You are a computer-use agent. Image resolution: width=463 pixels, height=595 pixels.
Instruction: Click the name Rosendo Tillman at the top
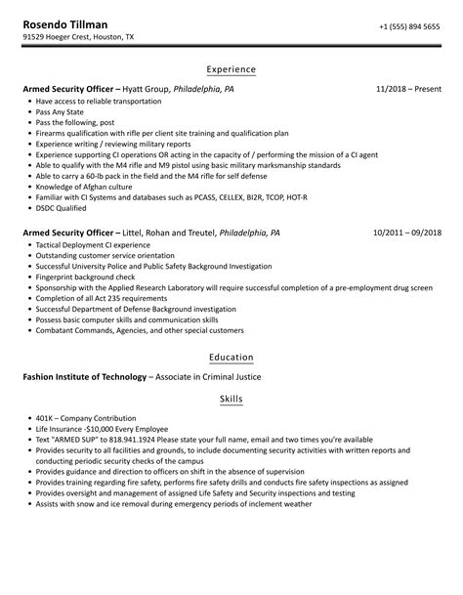point(64,22)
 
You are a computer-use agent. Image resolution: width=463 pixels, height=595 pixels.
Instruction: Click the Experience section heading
point(231,69)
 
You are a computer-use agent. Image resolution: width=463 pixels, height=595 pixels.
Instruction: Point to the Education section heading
point(231,358)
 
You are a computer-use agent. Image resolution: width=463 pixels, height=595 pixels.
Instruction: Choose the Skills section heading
point(231,400)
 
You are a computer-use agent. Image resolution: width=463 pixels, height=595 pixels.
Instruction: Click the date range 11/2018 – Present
point(408,89)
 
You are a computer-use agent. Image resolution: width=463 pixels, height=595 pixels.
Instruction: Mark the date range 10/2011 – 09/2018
point(407,234)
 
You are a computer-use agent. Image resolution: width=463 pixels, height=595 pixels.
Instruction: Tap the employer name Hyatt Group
point(147,89)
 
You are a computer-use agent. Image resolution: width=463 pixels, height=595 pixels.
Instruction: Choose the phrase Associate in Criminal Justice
point(209,377)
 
